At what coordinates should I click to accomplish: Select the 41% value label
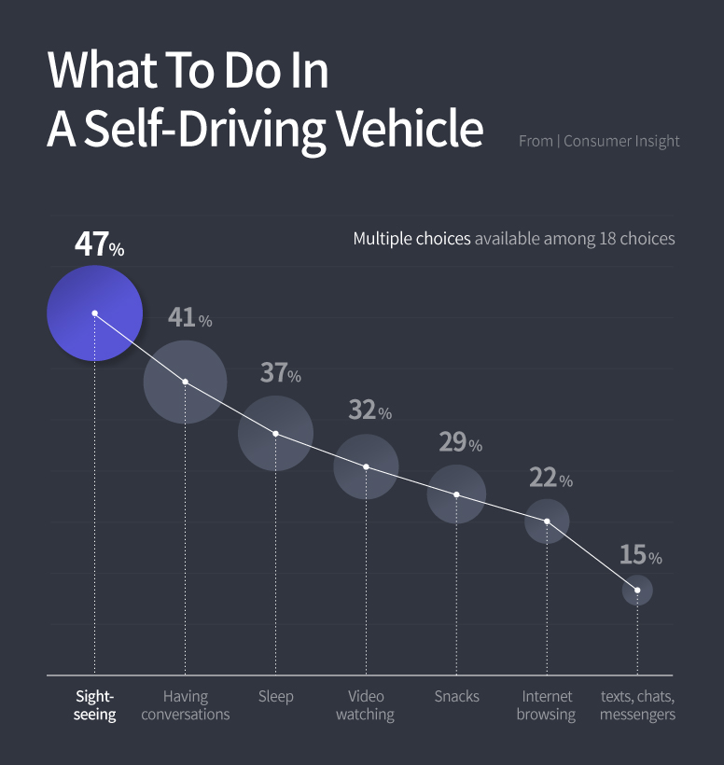click(189, 318)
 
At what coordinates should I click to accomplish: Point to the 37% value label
click(280, 373)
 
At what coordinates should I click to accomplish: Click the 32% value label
click(369, 410)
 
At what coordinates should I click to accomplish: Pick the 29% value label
click(460, 442)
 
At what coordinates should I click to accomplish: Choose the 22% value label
click(550, 479)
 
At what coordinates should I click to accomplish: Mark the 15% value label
click(640, 555)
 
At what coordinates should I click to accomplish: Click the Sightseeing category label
click(95, 705)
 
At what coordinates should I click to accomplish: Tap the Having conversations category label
click(185, 705)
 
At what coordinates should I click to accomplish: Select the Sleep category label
click(275, 696)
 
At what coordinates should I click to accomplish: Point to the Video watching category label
click(365, 705)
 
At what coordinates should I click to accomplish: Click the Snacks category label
click(456, 696)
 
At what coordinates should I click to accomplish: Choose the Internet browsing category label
click(547, 705)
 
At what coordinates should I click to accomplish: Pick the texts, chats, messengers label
click(637, 705)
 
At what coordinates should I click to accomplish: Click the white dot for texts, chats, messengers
click(637, 590)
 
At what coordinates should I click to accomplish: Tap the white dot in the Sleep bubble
click(275, 434)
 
